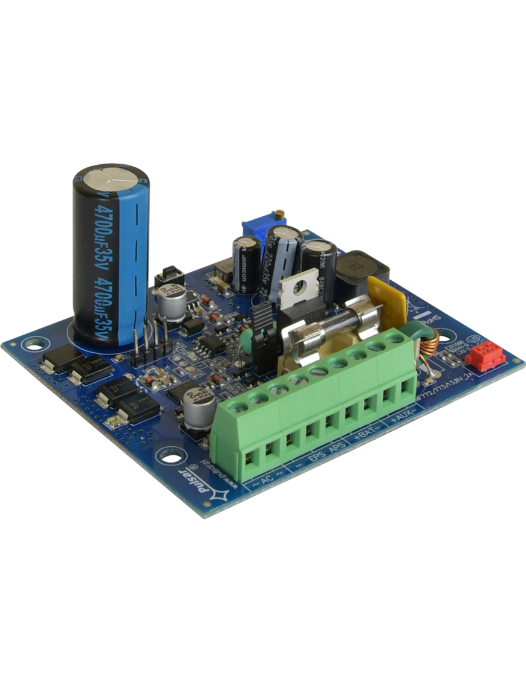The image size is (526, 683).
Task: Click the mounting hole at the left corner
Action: click(x=30, y=346)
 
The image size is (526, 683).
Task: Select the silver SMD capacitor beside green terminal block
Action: click(x=197, y=406)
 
